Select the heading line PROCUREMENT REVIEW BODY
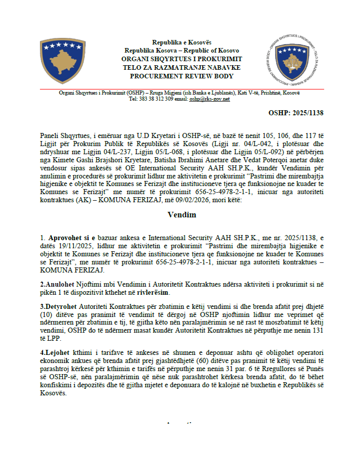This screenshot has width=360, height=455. [182, 76]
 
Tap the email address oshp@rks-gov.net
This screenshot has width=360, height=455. [209, 99]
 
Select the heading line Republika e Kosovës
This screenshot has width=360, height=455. [182, 42]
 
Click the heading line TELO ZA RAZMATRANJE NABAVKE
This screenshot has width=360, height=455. [182, 67]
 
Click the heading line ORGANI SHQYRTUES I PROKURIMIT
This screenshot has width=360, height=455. [182, 59]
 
